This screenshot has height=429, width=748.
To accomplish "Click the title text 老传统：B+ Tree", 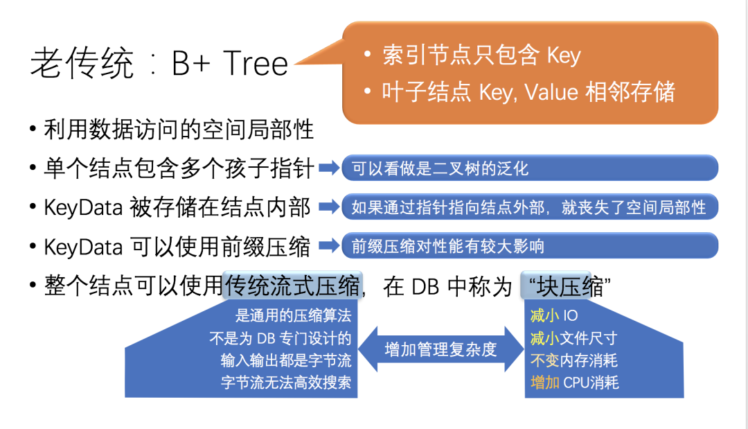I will [159, 64].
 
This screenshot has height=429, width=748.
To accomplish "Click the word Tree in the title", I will [256, 64].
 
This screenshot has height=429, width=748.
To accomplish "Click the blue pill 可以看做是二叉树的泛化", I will [529, 168].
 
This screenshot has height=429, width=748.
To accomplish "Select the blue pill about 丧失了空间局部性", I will [529, 207].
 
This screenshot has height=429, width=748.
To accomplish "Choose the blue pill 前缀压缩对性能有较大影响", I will [529, 245].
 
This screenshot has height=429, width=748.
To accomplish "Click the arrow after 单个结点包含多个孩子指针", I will [330, 168].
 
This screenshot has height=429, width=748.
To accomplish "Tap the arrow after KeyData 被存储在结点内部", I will [330, 207].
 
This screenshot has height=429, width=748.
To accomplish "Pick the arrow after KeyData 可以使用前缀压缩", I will [330, 245].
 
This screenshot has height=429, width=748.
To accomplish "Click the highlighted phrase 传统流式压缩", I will [292, 286].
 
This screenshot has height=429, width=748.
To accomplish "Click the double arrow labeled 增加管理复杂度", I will [441, 349].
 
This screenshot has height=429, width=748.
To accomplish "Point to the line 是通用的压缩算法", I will [293, 317].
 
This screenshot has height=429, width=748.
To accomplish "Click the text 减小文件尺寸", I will [573, 339].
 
